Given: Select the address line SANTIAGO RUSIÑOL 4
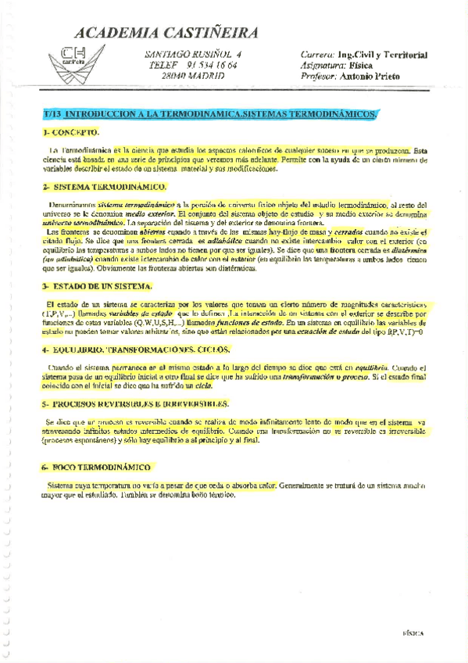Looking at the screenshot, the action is tap(194, 55).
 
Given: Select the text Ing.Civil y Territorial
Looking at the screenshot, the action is tap(382, 56).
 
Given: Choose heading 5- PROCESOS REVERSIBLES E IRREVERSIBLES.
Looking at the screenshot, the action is tap(135, 403).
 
